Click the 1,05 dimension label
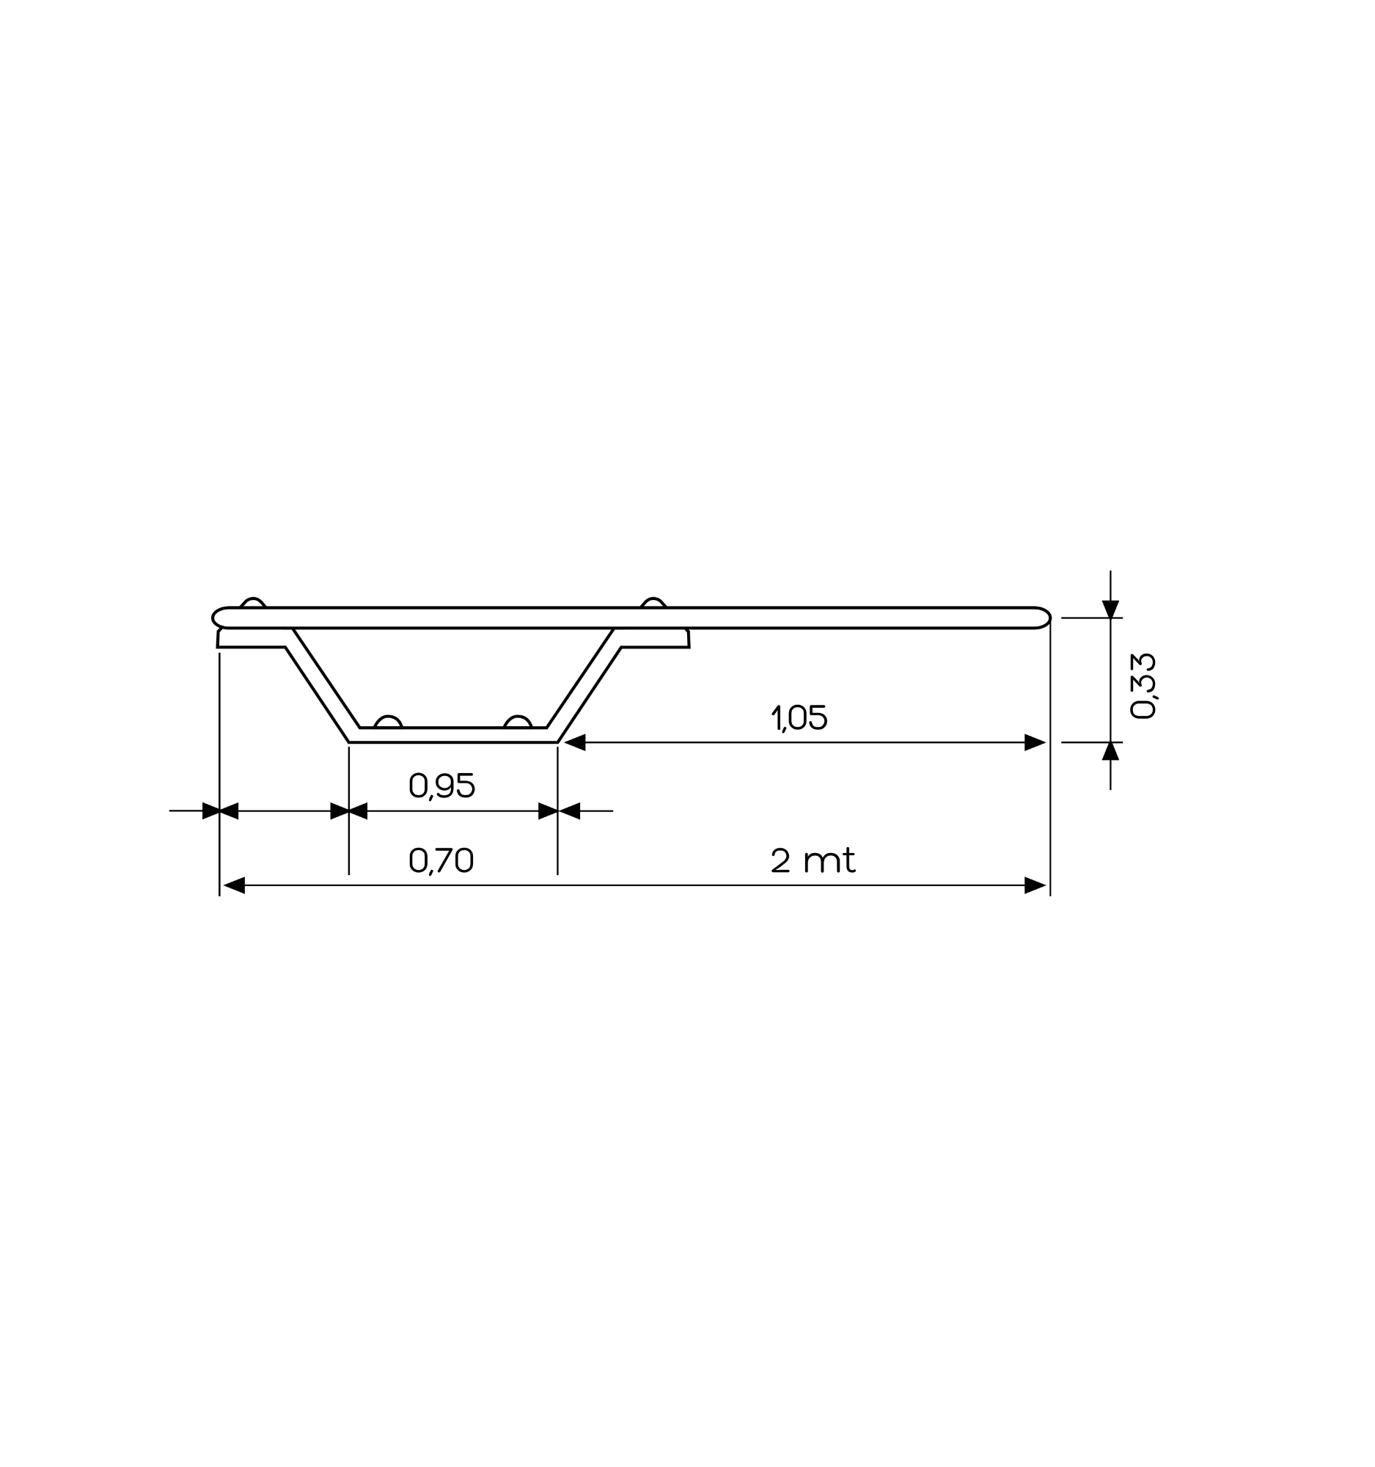click(x=799, y=717)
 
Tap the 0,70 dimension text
click(x=441, y=860)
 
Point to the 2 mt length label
click(x=813, y=860)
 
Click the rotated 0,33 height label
click(x=1143, y=686)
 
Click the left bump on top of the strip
click(x=252, y=602)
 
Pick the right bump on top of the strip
click(x=653, y=602)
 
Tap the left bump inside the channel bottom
click(x=388, y=722)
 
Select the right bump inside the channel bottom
click(x=518, y=722)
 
